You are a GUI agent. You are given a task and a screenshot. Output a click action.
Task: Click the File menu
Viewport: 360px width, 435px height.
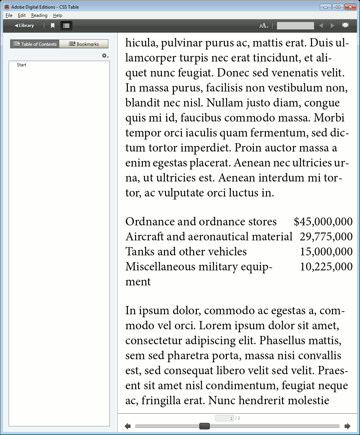click(x=9, y=15)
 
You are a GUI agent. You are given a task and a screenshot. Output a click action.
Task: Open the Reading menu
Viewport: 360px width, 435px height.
click(x=39, y=15)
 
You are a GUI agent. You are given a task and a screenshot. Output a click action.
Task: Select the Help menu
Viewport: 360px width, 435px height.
click(x=57, y=15)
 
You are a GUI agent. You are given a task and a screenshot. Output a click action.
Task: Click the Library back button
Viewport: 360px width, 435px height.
click(x=24, y=25)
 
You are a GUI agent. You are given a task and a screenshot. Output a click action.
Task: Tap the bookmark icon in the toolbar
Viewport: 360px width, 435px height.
click(x=53, y=26)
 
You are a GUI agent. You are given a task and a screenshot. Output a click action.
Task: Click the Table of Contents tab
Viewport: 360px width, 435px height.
click(x=35, y=44)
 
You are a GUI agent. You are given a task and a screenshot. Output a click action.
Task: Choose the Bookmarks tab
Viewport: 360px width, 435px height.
click(x=84, y=44)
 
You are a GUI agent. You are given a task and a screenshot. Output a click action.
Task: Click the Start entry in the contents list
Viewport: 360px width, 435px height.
click(x=21, y=65)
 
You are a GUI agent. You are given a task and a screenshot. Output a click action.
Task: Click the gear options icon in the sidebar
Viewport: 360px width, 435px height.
click(x=105, y=55)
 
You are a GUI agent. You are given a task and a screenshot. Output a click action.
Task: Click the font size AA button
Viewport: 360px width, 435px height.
click(x=264, y=25)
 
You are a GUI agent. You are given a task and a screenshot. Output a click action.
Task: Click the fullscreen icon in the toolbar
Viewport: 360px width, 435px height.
click(x=345, y=25)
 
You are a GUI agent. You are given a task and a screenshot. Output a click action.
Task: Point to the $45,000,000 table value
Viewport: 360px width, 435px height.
click(x=323, y=222)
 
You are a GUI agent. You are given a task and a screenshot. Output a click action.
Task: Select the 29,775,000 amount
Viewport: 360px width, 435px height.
click(x=326, y=237)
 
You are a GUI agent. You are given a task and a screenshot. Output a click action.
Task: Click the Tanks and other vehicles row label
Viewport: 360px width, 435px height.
click(x=186, y=252)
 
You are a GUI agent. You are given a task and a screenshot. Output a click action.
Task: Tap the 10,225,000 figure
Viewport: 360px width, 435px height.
click(x=326, y=267)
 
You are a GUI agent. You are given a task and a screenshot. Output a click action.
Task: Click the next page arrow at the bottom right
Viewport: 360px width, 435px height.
click(x=347, y=426)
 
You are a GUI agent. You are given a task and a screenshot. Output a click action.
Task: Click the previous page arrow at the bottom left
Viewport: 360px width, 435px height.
click(x=127, y=426)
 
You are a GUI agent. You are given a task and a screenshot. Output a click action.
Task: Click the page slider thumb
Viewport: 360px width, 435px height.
click(x=204, y=426)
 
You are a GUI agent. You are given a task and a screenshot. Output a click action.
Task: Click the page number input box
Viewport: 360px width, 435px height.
click(x=225, y=418)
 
